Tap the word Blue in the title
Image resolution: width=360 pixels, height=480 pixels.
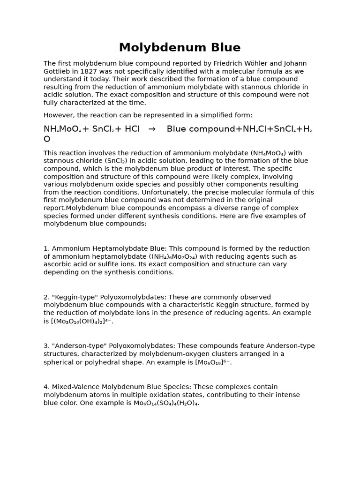tap(223, 48)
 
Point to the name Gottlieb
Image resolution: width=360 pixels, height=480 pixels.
tap(58, 71)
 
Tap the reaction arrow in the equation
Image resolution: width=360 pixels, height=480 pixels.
tap(152, 129)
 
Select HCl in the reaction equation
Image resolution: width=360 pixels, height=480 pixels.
tap(132, 129)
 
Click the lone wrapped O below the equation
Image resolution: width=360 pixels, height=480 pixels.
tap(47, 139)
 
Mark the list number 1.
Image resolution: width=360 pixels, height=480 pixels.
tap(46, 248)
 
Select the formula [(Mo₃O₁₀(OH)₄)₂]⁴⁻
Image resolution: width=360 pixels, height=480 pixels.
tap(82, 321)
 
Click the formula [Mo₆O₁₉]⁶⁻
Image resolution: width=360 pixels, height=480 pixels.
tap(213, 362)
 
